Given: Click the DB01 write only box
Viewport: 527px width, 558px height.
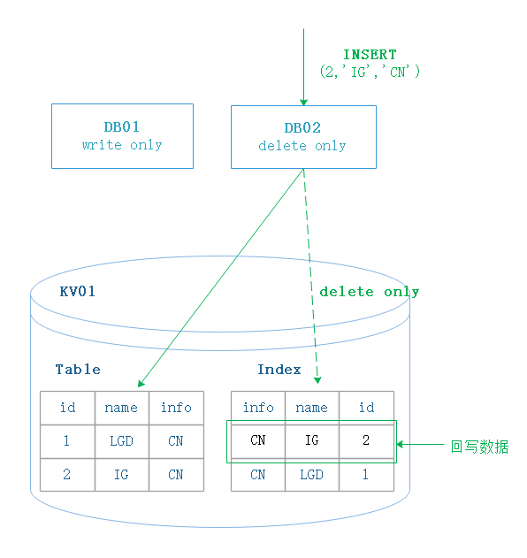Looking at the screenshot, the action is tap(122, 136).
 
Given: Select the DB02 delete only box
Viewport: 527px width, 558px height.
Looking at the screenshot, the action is tap(303, 137).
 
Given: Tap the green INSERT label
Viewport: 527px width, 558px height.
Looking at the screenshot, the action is tap(370, 55).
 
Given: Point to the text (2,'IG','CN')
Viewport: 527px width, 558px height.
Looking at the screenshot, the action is tap(370, 72).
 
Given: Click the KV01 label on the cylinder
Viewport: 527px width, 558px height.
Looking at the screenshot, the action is tap(78, 292).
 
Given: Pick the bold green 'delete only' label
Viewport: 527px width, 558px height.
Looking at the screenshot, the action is tap(370, 292).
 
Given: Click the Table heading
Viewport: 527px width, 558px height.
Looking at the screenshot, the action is tap(78, 370).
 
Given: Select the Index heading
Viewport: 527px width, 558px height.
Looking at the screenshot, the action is tap(279, 370).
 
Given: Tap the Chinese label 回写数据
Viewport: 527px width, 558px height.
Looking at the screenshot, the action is tap(479, 447).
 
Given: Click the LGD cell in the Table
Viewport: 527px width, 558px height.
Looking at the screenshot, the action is tap(122, 441).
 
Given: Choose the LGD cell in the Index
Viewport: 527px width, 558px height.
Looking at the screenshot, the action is tap(312, 475).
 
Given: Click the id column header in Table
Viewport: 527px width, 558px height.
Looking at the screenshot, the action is tap(67, 408).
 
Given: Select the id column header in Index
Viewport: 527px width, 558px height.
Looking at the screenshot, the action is tap(367, 408).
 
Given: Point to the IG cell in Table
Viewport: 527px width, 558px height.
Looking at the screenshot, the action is tap(122, 475).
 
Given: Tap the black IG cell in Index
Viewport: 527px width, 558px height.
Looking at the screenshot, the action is tap(312, 440).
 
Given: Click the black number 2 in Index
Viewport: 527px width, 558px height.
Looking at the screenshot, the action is tap(366, 440).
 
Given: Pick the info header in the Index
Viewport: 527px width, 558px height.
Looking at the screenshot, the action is tap(258, 408).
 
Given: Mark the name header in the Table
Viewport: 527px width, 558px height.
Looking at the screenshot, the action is tap(122, 408).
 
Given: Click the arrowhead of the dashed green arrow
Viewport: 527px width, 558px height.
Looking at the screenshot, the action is tap(317, 380).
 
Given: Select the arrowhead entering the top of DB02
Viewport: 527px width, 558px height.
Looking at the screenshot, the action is tap(303, 103).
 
